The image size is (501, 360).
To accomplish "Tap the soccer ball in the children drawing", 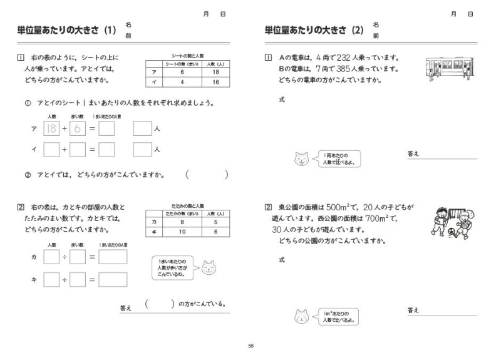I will click(x=452, y=231).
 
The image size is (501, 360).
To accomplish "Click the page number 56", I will click(x=250, y=345).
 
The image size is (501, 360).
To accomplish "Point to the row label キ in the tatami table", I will click(x=152, y=232).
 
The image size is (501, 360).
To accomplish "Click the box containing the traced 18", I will click(x=51, y=129).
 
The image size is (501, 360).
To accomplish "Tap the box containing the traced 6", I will click(x=77, y=129).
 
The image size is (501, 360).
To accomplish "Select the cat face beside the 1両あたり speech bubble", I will click(x=301, y=159).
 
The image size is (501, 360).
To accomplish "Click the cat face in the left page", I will click(x=209, y=268).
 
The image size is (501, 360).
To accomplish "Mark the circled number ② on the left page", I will click(x=28, y=175).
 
